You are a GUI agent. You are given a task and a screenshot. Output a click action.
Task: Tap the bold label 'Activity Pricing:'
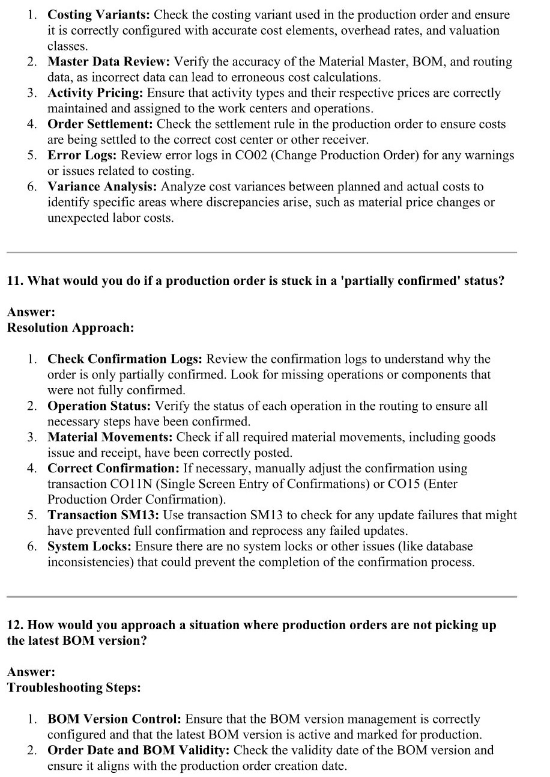point(95,93)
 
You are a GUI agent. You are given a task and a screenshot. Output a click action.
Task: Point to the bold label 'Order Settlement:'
point(100,124)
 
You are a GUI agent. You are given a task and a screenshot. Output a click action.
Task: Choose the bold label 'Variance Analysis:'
point(103,186)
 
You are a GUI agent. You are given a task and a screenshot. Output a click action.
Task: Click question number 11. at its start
point(15,281)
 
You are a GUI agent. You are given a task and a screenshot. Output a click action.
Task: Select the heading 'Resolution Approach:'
point(70,328)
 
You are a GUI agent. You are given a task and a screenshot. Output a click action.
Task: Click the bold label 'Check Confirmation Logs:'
point(125,359)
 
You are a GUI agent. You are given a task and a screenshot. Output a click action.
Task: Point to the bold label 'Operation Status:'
point(100,406)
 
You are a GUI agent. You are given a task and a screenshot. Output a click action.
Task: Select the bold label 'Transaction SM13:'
point(103,515)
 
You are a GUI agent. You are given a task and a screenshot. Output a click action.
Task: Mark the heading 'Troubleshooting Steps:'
point(74,687)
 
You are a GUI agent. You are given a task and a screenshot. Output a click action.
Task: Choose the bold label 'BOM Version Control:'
point(114,719)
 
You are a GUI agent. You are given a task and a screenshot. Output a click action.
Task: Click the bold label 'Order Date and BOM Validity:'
point(139,750)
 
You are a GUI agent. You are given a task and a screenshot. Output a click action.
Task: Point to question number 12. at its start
point(15,625)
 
